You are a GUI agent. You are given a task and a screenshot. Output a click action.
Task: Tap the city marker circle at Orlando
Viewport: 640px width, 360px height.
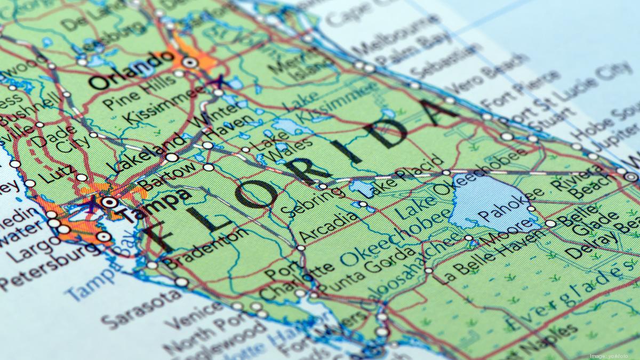tap(190, 62)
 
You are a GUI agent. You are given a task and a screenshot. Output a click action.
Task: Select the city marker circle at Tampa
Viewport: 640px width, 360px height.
tap(109, 202)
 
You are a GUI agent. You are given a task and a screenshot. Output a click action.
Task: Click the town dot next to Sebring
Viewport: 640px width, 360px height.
tap(323, 187)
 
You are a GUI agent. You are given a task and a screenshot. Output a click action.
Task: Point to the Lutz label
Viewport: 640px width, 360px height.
tap(53, 173)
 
